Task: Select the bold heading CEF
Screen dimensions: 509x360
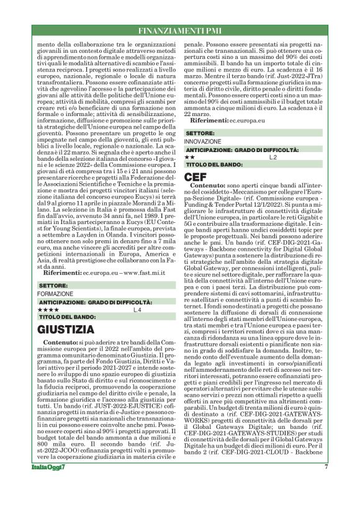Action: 197,176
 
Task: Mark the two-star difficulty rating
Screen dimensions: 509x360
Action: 190,158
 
